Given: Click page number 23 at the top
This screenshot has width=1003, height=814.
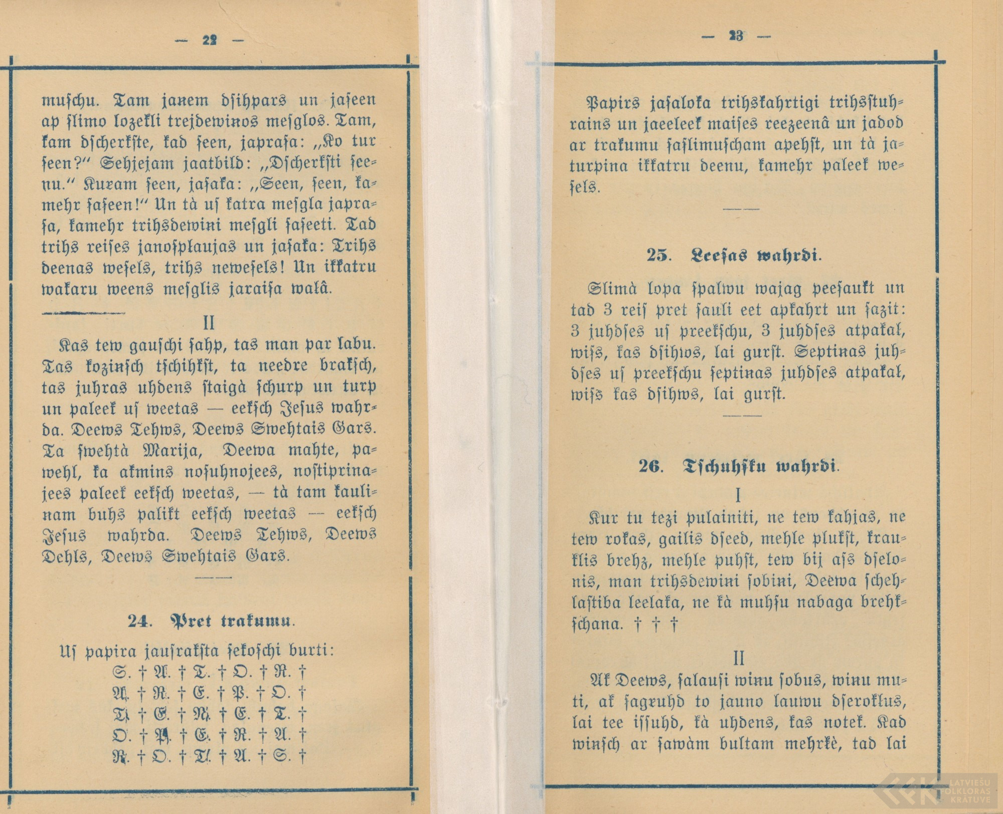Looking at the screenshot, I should point(736,37).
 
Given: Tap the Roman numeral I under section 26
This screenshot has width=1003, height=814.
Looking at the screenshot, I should point(737,496).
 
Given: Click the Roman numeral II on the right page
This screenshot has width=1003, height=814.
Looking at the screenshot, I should point(739,658).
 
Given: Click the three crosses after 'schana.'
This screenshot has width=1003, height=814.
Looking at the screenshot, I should point(656,625).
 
